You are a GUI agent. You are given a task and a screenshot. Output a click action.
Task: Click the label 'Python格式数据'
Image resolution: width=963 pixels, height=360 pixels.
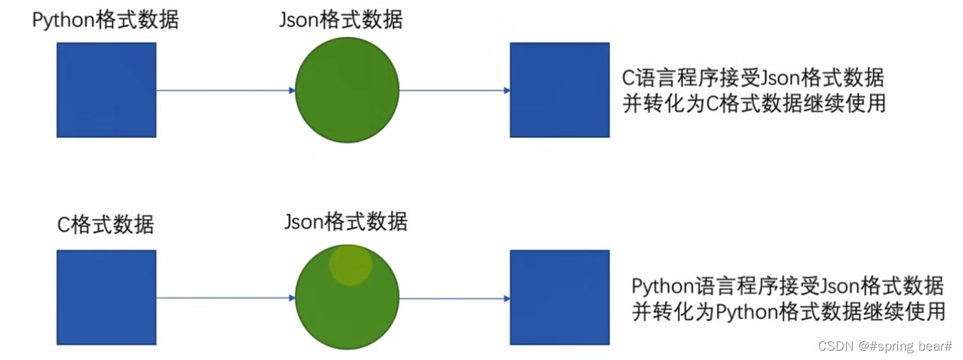(105, 20)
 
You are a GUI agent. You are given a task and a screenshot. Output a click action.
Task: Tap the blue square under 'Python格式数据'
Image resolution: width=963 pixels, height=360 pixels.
(106, 90)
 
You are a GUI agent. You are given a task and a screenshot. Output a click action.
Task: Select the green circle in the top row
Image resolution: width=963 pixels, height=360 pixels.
(347, 90)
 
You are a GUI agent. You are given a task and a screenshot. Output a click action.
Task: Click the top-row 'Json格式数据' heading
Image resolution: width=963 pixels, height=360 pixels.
(340, 20)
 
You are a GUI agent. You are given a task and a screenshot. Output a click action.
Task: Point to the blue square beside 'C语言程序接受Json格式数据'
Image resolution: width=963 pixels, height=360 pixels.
(559, 90)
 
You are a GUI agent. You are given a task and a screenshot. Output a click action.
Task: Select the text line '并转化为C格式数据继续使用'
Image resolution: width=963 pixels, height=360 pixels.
(753, 103)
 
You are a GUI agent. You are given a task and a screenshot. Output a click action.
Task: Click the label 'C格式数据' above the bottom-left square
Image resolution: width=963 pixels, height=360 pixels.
(105, 224)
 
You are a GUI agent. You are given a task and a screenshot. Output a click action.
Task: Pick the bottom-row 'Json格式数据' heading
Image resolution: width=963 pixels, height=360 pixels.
(346, 221)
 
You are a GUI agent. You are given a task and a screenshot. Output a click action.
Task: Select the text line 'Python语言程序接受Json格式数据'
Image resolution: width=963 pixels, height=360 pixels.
(788, 286)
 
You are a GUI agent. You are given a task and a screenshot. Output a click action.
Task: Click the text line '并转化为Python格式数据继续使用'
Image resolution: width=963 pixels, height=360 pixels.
(788, 312)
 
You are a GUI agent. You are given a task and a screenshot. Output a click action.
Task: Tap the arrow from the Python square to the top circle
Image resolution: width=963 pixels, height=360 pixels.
(225, 90)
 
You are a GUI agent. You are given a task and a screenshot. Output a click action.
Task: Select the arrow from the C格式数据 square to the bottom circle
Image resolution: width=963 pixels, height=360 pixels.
(225, 297)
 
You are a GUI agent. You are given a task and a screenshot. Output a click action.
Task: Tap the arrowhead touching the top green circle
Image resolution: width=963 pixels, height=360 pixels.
(291, 90)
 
